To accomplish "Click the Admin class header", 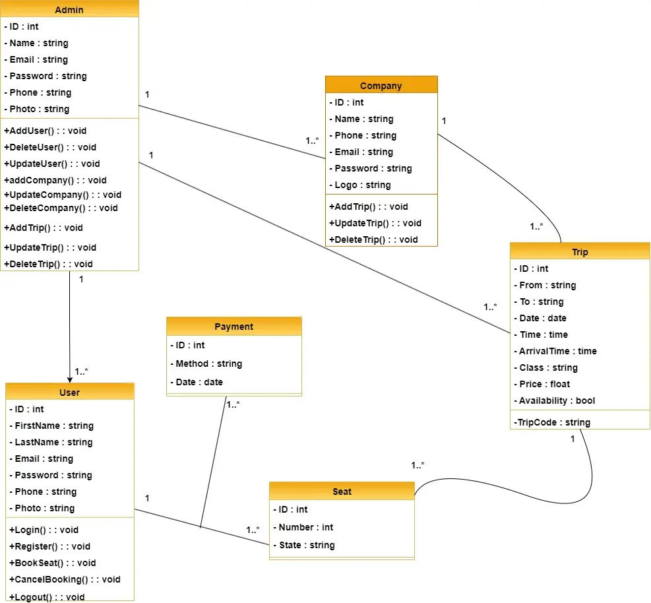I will (69, 10).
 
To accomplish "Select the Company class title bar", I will (381, 86).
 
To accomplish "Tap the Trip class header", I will (580, 252).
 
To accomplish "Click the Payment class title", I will (233, 327).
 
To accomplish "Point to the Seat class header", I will (342, 492).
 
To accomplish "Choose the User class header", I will (69, 393).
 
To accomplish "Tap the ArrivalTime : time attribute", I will (557, 351).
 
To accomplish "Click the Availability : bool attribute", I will (556, 400).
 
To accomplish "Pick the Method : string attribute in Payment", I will (208, 364).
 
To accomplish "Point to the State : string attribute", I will (306, 545).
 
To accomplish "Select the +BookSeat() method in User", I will (53, 563).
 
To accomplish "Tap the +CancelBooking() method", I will (65, 579).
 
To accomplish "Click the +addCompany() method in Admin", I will (55, 180).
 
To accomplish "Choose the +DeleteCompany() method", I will (61, 208).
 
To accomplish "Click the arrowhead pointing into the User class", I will (69, 377).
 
